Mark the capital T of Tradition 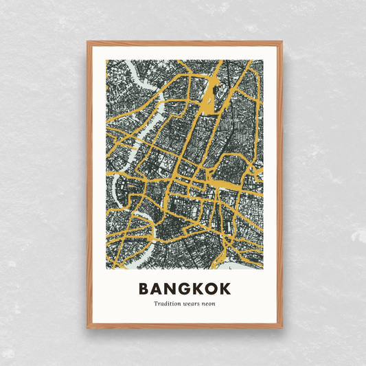click(x=155, y=304)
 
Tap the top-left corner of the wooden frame click(x=87, y=42)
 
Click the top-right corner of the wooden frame click(x=282, y=42)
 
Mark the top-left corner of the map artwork click(x=106, y=60)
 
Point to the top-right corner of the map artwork click(x=263, y=60)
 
